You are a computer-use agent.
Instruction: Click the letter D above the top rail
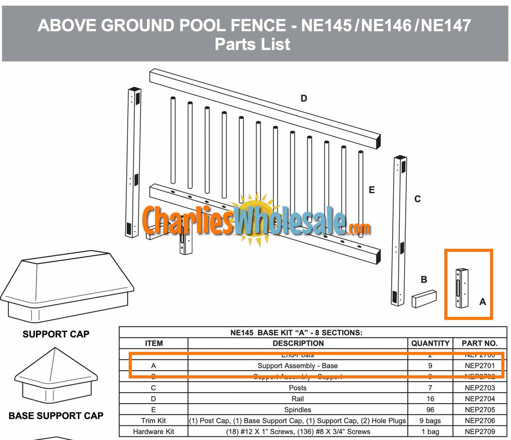303,99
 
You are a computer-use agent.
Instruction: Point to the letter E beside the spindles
371,190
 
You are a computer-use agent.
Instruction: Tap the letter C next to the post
417,199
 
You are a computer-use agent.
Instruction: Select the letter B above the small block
424,280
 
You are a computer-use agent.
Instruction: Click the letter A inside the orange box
482,301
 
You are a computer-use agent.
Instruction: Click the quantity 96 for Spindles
430,410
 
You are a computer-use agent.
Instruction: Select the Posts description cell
298,388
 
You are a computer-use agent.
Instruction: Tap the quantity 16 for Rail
430,399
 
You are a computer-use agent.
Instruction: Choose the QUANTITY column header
430,343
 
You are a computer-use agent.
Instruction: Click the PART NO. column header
480,343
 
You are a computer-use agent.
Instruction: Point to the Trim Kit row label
153,421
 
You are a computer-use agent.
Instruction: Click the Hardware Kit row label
153,432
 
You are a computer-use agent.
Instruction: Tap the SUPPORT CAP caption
56,334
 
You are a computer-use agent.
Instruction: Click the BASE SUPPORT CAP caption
56,416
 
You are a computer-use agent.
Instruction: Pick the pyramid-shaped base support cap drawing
51,375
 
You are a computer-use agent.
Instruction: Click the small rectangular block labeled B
424,298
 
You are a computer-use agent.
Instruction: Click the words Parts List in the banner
253,44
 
